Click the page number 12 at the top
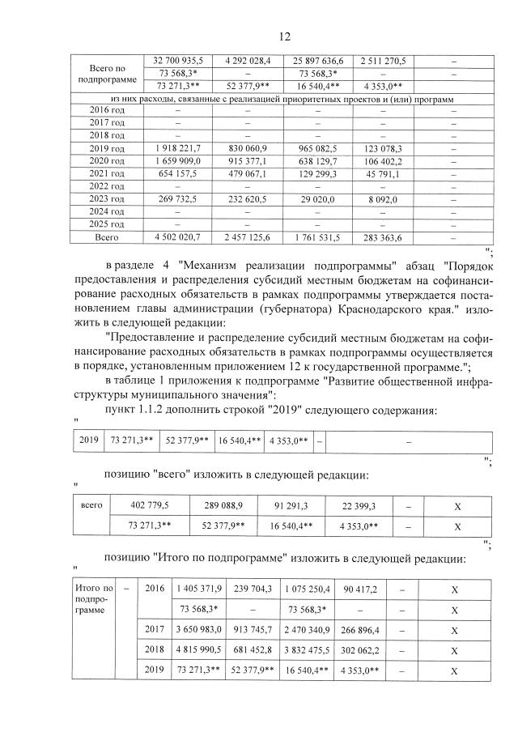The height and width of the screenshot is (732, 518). (x=284, y=36)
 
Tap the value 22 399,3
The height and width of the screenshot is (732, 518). (x=359, y=505)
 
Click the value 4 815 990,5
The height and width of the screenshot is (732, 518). (x=197, y=649)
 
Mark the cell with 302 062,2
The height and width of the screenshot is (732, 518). (x=359, y=649)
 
